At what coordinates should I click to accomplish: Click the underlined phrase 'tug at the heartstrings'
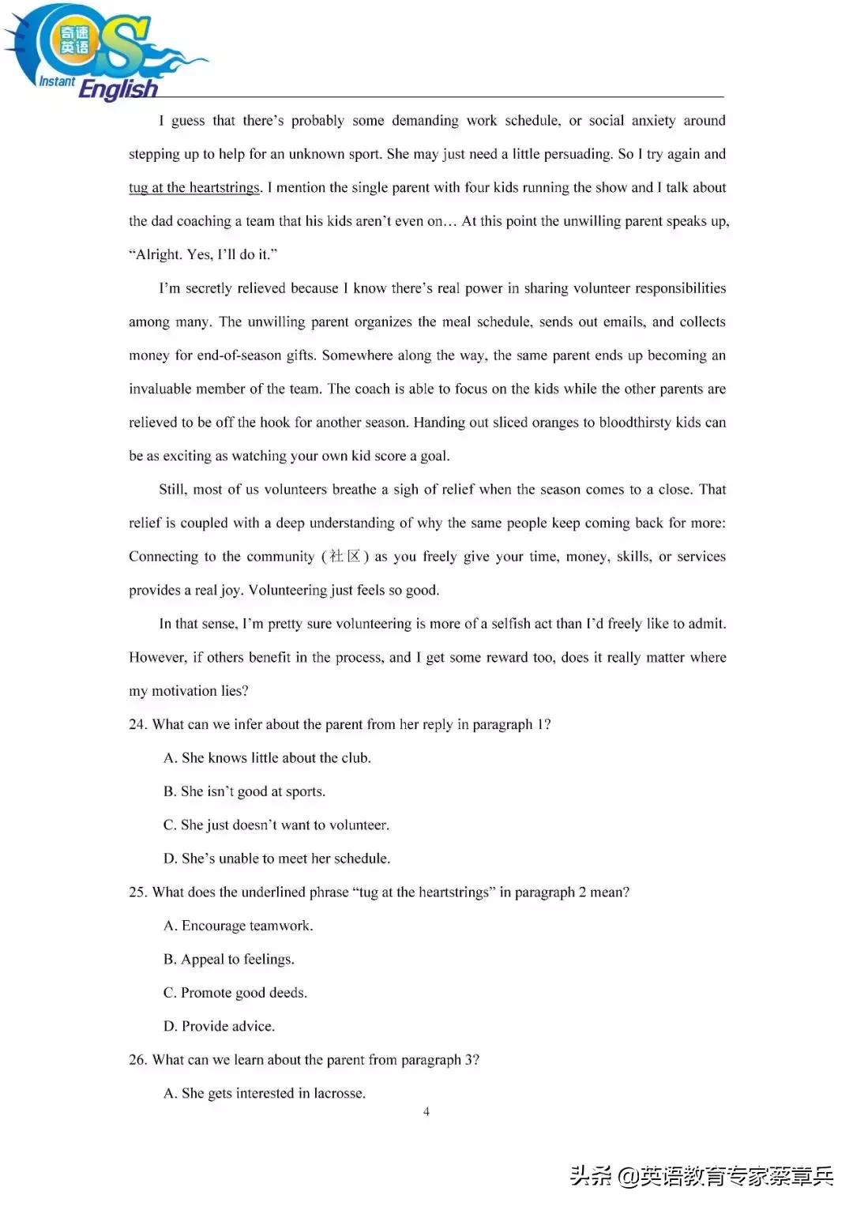pos(194,188)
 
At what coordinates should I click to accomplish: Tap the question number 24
pos(137,725)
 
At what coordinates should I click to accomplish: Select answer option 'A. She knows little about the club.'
pos(267,758)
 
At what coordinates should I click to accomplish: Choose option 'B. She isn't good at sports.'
pos(244,791)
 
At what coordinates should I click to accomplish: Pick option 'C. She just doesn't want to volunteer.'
pos(276,825)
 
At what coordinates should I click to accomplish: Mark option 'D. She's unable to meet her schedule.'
pos(276,858)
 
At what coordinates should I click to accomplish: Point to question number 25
pos(137,892)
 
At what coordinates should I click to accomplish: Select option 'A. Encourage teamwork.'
pos(238,926)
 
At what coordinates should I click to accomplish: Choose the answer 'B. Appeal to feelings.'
pos(228,960)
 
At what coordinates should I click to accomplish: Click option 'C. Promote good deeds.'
pos(235,993)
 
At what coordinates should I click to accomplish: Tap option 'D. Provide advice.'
pos(219,1027)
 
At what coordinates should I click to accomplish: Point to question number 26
pos(137,1060)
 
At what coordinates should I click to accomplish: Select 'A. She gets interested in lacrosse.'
pos(264,1094)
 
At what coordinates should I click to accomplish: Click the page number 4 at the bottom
pos(426,1112)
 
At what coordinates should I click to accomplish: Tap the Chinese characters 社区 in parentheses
pos(345,557)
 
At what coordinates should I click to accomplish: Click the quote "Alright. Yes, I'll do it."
pos(203,254)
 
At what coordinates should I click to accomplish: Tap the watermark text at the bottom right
pos(701,1176)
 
